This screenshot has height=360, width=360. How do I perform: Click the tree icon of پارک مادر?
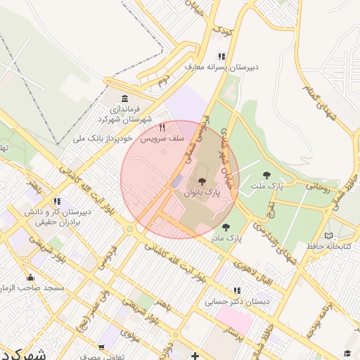(x=226, y=227)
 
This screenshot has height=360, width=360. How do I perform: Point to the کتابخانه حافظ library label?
(x=328, y=247)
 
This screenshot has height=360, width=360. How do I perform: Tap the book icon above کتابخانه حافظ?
(x=328, y=236)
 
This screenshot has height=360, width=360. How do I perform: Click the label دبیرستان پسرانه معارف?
(x=221, y=67)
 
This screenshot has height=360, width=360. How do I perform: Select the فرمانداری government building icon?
(x=124, y=98)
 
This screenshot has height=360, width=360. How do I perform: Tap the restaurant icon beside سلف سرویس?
(x=162, y=128)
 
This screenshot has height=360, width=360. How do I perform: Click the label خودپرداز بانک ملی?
(x=103, y=139)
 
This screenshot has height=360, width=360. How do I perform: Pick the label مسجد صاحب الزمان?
(x=31, y=288)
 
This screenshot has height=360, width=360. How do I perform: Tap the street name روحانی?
(x=316, y=188)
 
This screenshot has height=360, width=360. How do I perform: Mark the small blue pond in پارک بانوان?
(x=176, y=181)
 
